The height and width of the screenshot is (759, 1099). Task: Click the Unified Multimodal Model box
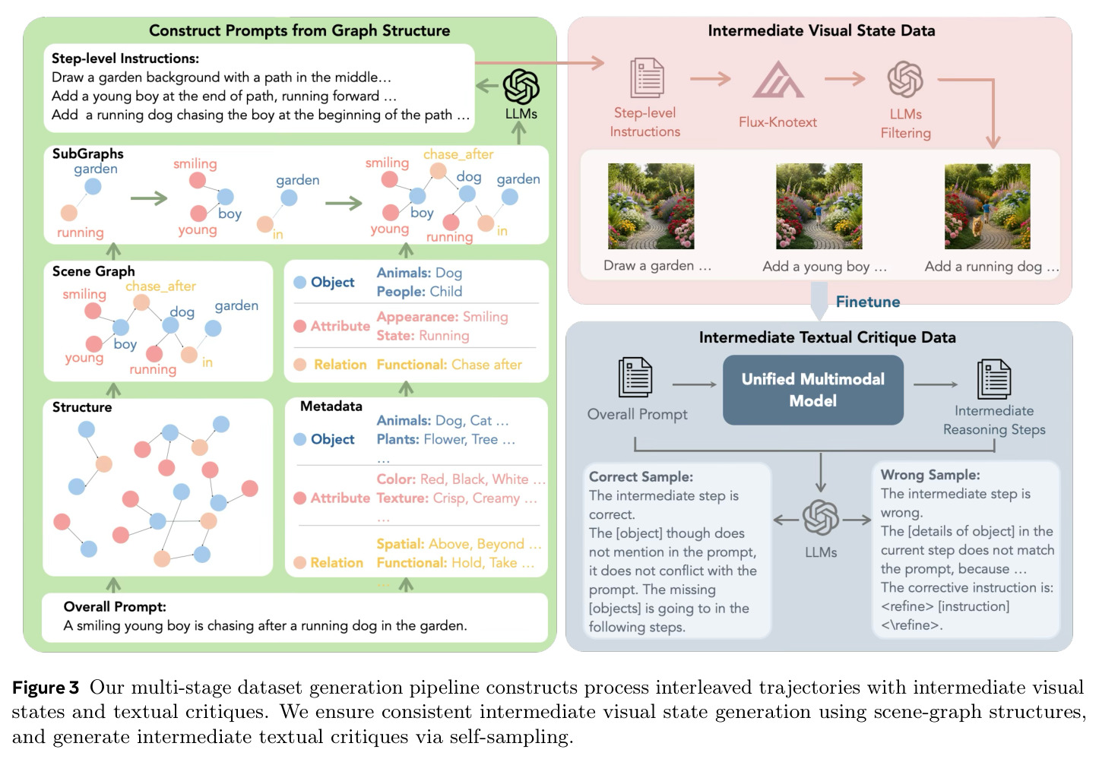(813, 390)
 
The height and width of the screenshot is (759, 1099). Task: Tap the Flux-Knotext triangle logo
(778, 80)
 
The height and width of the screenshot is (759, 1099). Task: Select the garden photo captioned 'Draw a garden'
(651, 207)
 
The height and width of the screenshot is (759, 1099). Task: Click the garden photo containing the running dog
(987, 207)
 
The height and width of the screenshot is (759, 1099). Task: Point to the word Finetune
(867, 302)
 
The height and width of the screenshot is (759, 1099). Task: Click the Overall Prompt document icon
(635, 377)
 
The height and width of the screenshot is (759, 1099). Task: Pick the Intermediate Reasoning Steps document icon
(994, 379)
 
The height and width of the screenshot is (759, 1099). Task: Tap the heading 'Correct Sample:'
(641, 476)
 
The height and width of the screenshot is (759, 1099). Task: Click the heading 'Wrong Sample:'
(930, 475)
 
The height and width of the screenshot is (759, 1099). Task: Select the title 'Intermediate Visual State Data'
(822, 30)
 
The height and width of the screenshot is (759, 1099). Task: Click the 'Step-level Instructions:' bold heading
(125, 59)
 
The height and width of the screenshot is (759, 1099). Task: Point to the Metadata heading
(331, 406)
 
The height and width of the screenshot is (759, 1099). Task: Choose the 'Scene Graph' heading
(93, 271)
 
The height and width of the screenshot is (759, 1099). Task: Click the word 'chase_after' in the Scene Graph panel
(160, 286)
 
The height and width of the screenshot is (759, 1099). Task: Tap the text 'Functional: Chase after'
(449, 365)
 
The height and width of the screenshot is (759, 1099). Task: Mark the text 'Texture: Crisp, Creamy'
(448, 498)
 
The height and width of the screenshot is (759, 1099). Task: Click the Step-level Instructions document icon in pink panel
(647, 78)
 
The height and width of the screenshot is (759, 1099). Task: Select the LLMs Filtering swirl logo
(905, 79)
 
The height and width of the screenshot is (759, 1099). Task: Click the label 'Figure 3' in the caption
(45, 688)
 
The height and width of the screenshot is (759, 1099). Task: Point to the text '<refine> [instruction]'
(945, 606)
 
